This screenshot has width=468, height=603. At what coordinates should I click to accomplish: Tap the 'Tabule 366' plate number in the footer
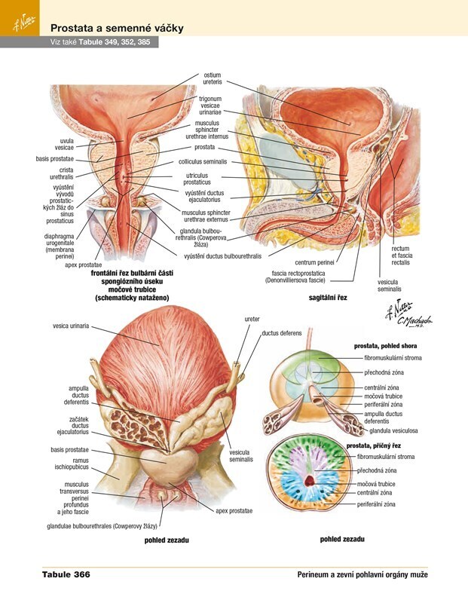66,575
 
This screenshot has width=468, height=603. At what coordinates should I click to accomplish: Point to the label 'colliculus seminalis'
203,161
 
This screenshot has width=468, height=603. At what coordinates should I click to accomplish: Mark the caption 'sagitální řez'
327,298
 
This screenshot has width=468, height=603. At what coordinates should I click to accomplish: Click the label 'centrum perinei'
314,262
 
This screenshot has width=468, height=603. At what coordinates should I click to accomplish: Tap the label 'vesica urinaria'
71,326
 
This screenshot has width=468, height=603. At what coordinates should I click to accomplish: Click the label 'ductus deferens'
280,332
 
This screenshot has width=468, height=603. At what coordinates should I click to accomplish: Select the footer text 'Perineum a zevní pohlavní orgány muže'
362,575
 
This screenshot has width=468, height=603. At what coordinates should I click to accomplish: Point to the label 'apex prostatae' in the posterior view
236,510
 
